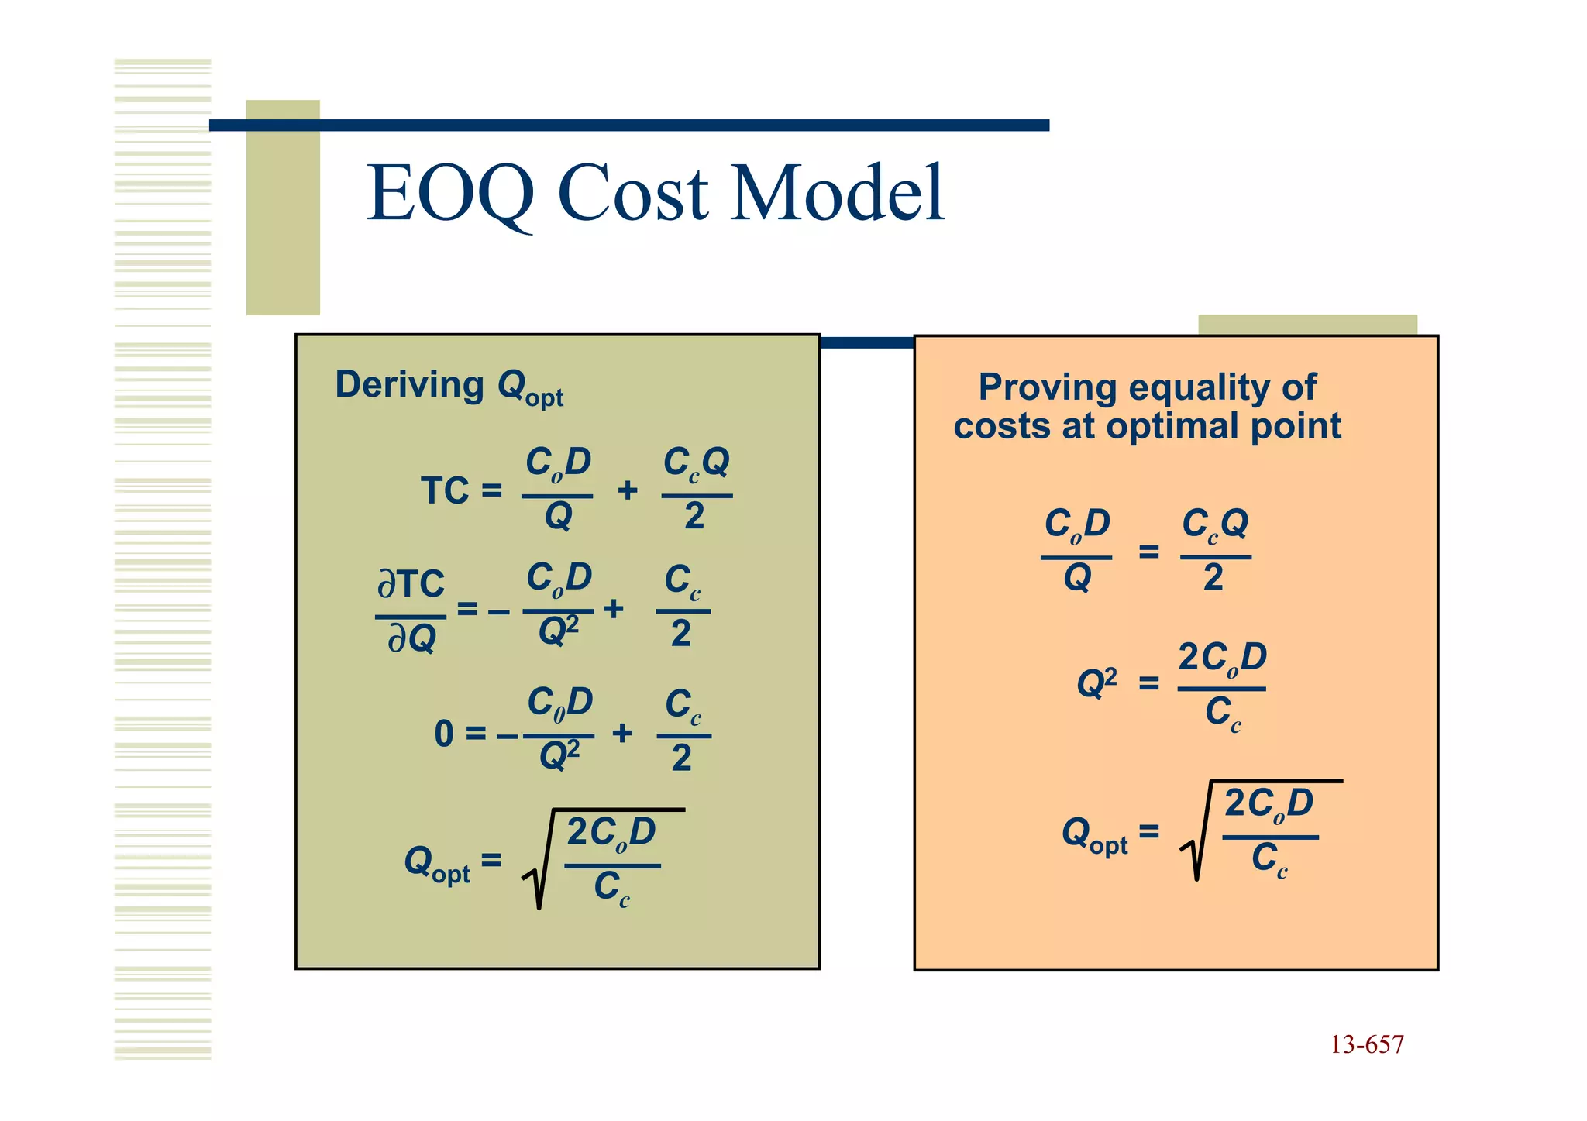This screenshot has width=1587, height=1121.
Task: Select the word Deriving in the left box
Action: click(x=409, y=385)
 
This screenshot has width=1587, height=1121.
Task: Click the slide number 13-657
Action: click(x=1367, y=1045)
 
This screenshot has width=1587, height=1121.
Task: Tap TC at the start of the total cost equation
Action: click(x=445, y=491)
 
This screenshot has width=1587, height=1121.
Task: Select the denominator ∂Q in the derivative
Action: click(x=411, y=639)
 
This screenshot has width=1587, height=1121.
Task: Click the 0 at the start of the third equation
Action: click(x=443, y=734)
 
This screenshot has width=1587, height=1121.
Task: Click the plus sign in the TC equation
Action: click(x=628, y=490)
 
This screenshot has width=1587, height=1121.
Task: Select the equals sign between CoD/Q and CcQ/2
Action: click(x=1148, y=552)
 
